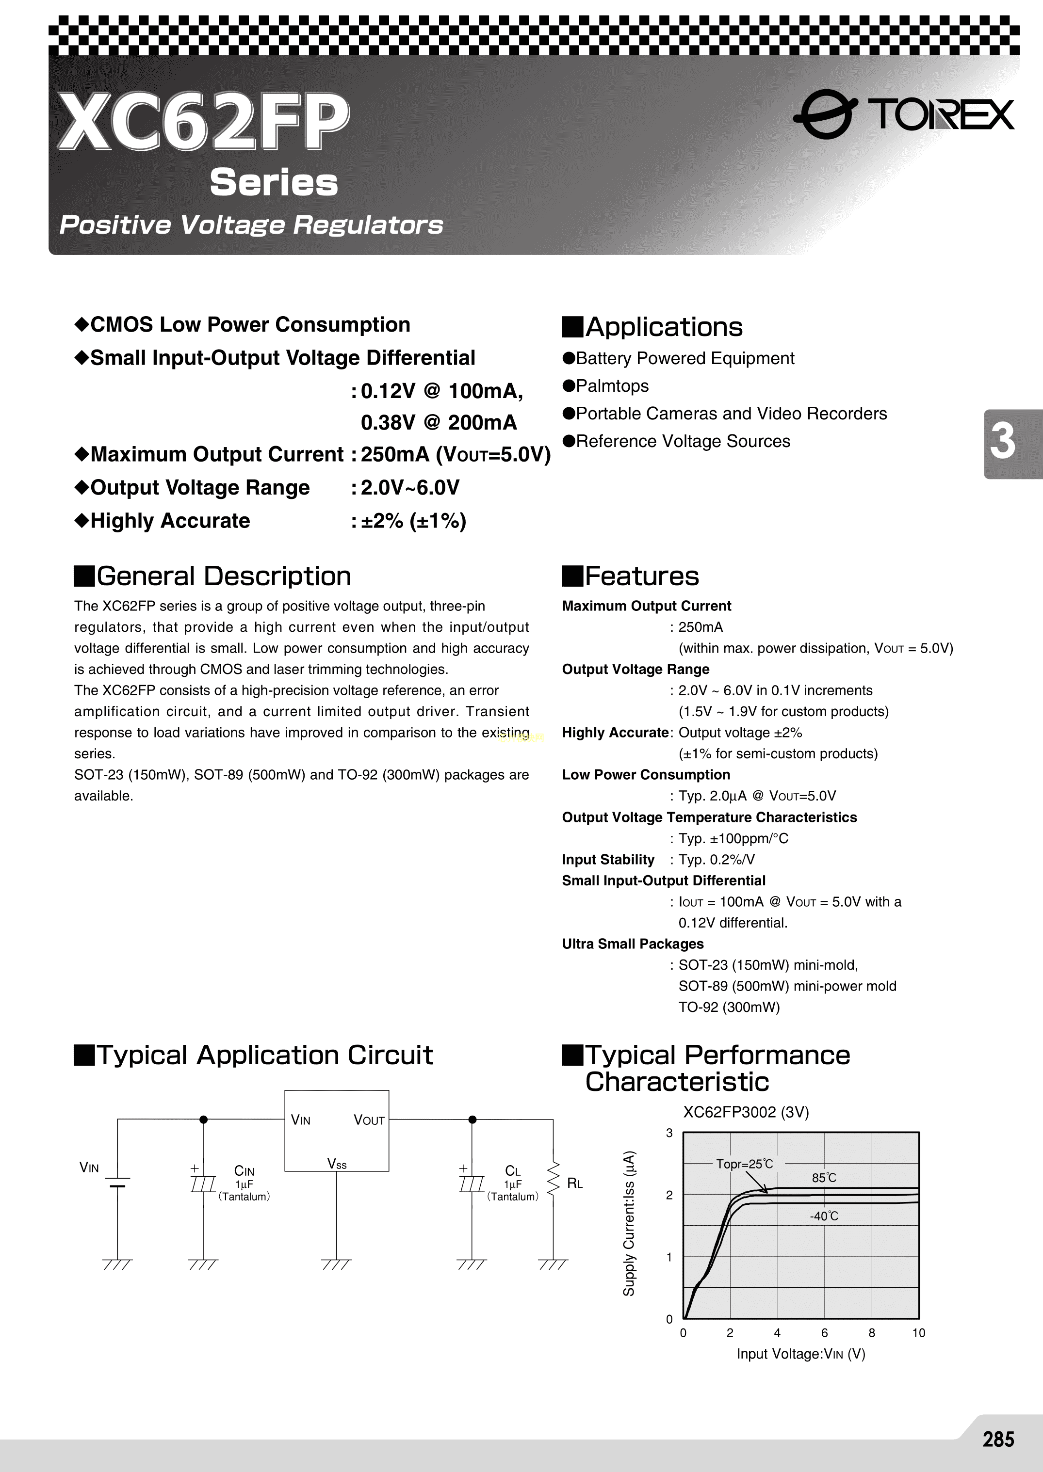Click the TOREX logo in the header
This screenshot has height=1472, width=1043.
[904, 114]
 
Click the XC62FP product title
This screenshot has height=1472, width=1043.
[204, 121]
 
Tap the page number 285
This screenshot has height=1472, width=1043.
[998, 1439]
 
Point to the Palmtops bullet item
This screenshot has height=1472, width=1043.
[612, 386]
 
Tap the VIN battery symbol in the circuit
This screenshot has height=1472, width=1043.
[117, 1182]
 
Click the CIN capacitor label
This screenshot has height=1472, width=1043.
[244, 1171]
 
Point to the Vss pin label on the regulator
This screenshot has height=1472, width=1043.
[337, 1164]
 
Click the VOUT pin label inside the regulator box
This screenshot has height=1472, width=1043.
[369, 1120]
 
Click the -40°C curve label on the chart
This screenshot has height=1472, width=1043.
[824, 1216]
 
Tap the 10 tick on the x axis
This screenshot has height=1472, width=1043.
[918, 1333]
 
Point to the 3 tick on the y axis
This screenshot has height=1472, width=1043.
[669, 1133]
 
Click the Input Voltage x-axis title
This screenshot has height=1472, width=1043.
[801, 1354]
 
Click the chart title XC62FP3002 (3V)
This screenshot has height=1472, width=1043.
[746, 1113]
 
